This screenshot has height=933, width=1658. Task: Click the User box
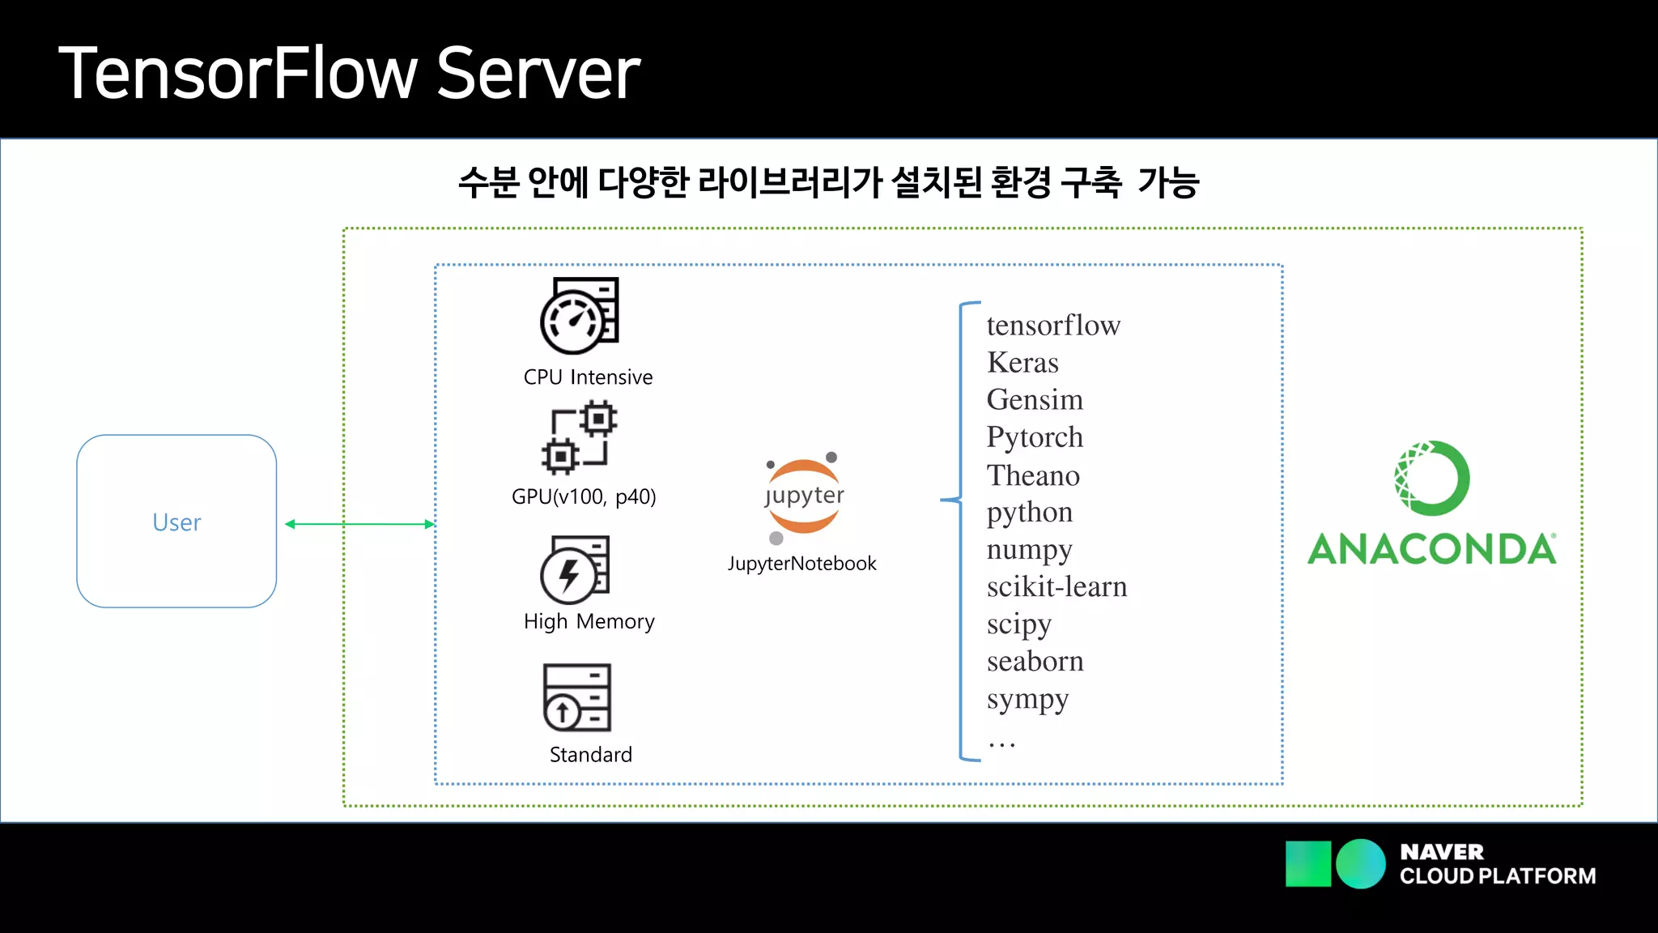pyautogui.click(x=176, y=522)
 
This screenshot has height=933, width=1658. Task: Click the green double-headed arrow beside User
pyautogui.click(x=360, y=524)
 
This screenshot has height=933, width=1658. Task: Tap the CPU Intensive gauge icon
pyautogui.click(x=579, y=316)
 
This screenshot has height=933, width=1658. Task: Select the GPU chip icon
pyautogui.click(x=579, y=438)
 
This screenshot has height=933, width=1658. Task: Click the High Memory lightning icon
pyautogui.click(x=574, y=569)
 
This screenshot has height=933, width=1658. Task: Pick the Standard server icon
pyautogui.click(x=576, y=697)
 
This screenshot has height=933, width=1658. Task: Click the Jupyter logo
pyautogui.click(x=804, y=496)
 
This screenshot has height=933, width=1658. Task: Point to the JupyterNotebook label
pyautogui.click(x=801, y=564)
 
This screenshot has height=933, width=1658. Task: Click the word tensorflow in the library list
pyautogui.click(x=1053, y=326)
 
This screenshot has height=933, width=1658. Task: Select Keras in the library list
pyautogui.click(x=1022, y=363)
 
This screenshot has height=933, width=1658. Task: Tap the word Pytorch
pyautogui.click(x=1035, y=437)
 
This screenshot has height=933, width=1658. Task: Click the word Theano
pyautogui.click(x=1033, y=475)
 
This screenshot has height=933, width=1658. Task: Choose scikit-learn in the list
pyautogui.click(x=1056, y=587)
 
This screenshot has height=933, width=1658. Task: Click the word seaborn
pyautogui.click(x=1035, y=662)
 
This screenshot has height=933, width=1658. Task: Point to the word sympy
pyautogui.click(x=1027, y=699)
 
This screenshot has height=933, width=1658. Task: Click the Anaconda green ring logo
pyautogui.click(x=1431, y=478)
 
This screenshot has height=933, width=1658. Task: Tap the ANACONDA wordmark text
pyautogui.click(x=1431, y=549)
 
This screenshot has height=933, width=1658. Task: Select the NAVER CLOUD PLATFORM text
pyautogui.click(x=1497, y=864)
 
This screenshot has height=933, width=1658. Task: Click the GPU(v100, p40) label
pyautogui.click(x=584, y=496)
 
